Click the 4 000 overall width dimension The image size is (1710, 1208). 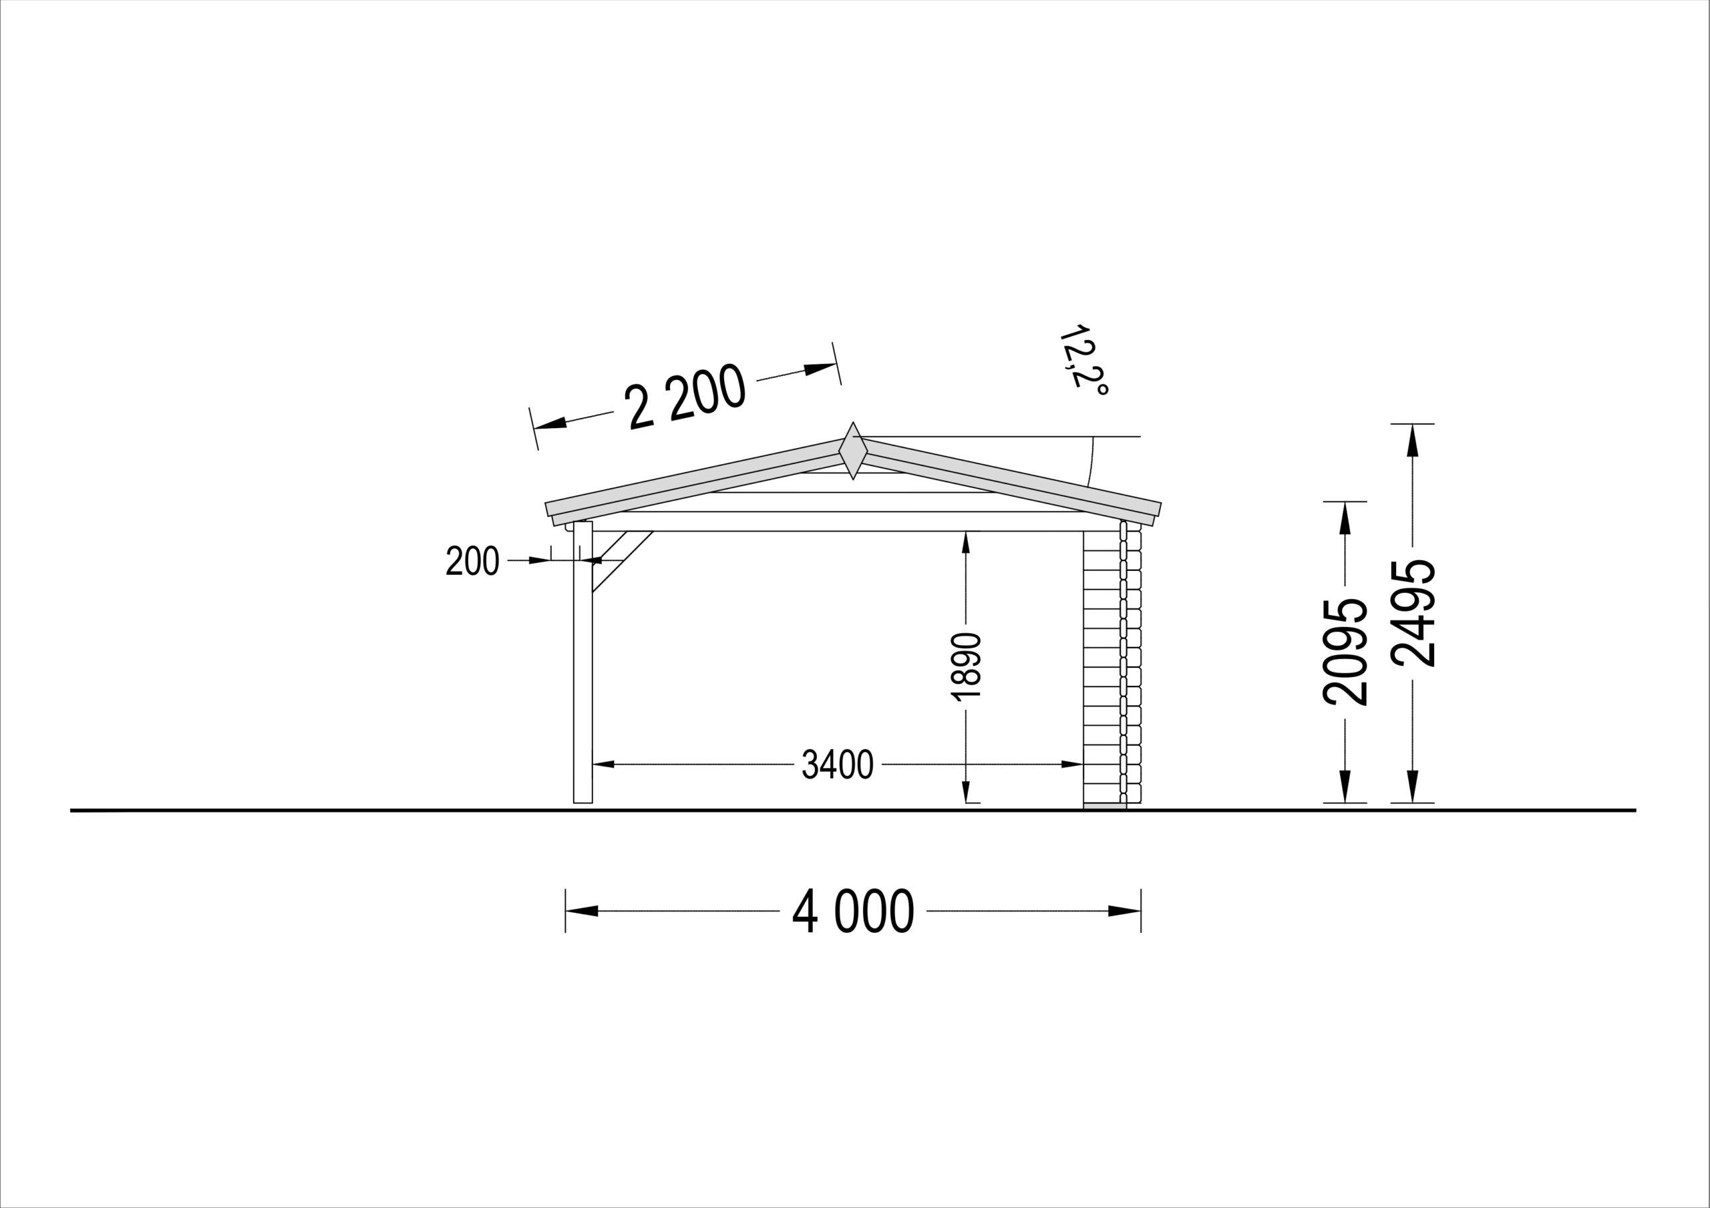[x=853, y=911]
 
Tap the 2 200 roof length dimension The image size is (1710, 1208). [x=686, y=396]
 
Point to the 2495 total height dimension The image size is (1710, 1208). [x=1413, y=613]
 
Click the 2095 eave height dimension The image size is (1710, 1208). [x=1345, y=652]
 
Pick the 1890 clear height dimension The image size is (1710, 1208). [x=966, y=666]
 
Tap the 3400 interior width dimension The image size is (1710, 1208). [x=838, y=764]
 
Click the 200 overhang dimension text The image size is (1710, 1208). [x=472, y=561]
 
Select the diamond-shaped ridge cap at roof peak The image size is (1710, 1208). [x=854, y=451]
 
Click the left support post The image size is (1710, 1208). [x=583, y=662]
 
